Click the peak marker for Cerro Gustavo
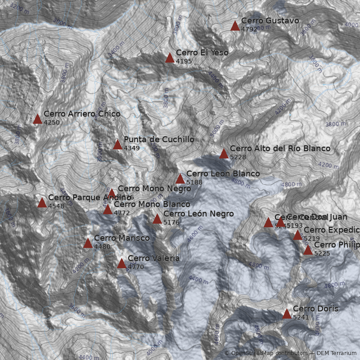tap(235, 26)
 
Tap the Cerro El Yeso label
tap(202, 53)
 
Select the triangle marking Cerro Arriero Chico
tap(37, 119)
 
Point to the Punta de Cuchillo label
tap(159, 139)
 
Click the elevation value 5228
tap(238, 157)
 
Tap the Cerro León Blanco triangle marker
tap(180, 179)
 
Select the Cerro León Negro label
tap(198, 214)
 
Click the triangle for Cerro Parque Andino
tap(42, 202)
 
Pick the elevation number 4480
tap(102, 247)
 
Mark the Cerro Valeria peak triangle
tap(121, 263)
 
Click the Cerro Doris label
tap(315, 309)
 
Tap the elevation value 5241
tap(301, 317)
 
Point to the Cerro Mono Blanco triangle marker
tap(108, 209)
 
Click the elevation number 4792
tap(249, 29)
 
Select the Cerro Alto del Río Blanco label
tap(280, 148)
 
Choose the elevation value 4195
tap(184, 61)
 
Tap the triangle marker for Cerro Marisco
tap(88, 243)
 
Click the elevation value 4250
tap(52, 122)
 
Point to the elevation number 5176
tap(171, 222)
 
